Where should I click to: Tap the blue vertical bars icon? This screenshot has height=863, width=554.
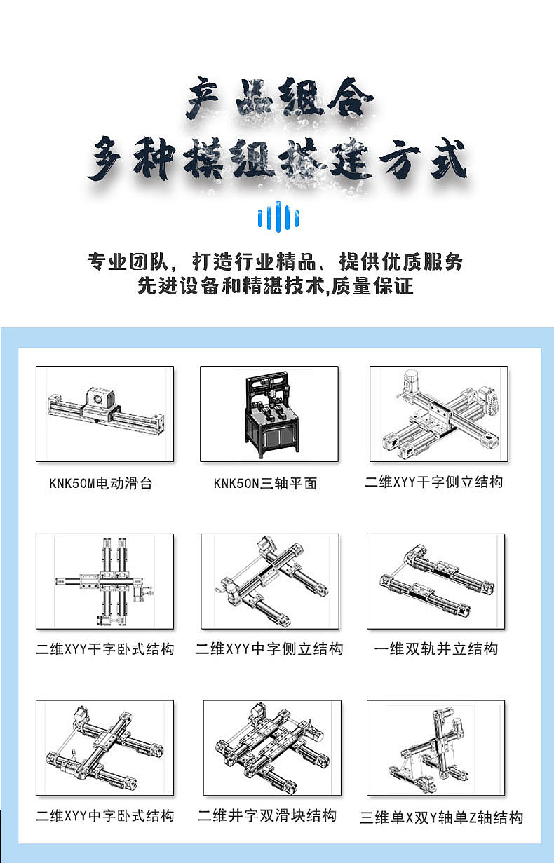pos(278,216)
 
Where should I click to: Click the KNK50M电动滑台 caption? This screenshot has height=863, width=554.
pos(101,484)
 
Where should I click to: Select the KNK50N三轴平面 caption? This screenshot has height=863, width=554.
pos(266,484)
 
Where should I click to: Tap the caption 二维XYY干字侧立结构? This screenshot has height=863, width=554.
pos(434,482)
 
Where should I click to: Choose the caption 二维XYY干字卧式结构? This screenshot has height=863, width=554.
pos(105,649)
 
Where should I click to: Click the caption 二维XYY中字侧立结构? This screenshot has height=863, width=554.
pos(269,649)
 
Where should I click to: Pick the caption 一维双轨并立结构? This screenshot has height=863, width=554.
pos(436,649)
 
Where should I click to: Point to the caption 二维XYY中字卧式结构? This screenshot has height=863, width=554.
pos(105,816)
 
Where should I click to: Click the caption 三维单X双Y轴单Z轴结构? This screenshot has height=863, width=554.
pos(442,817)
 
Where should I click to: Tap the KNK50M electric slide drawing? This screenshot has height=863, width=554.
pos(104,414)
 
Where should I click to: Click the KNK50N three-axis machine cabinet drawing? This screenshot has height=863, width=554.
pos(269,414)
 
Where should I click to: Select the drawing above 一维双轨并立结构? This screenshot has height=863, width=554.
pos(435,581)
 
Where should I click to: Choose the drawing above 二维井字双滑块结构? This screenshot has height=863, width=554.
pos(272,748)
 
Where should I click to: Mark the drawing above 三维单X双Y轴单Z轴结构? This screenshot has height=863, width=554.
pos(435,748)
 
